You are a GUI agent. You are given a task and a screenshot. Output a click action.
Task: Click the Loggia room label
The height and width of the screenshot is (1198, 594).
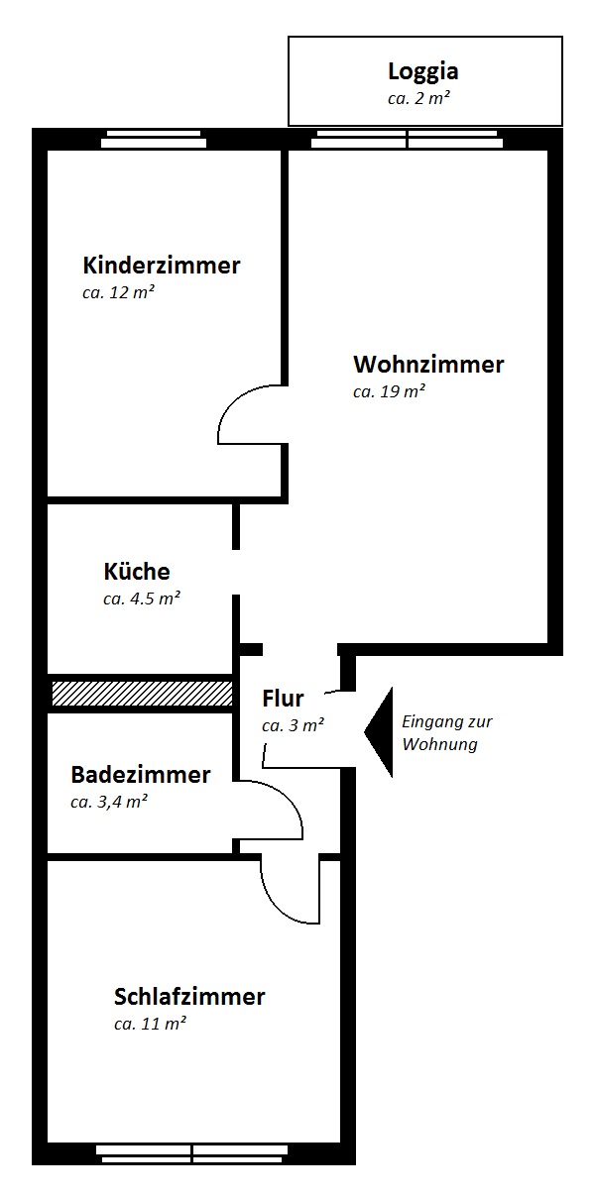click(x=422, y=71)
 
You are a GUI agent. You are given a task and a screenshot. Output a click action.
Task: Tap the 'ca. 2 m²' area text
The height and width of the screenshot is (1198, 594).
click(x=418, y=98)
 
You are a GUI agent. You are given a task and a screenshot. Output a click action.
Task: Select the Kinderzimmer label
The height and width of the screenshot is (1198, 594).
click(x=162, y=266)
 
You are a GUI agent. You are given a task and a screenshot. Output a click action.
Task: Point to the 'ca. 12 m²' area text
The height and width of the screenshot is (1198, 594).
click(x=119, y=292)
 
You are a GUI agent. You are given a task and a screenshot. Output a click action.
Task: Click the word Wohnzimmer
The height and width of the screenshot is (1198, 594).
click(x=428, y=365)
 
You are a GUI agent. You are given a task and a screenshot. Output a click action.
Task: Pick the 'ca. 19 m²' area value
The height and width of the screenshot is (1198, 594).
click(x=389, y=391)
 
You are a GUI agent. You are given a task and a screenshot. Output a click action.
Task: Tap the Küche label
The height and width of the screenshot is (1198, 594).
click(x=137, y=571)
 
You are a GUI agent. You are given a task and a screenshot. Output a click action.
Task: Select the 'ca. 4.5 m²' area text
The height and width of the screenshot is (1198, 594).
click(x=141, y=598)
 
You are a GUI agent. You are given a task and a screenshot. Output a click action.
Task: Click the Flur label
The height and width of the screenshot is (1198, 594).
click(x=283, y=699)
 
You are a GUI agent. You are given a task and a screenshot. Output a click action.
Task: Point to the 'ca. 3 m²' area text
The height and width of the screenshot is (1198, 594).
click(x=293, y=725)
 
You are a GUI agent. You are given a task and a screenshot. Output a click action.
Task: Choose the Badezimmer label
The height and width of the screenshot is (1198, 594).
click(x=141, y=775)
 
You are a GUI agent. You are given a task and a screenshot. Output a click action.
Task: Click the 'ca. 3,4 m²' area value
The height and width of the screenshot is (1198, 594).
click(x=109, y=802)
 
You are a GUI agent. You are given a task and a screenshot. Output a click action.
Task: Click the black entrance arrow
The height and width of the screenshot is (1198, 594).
click(x=379, y=731)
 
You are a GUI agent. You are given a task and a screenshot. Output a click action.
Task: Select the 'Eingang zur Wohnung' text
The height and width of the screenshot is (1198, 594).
click(x=447, y=732)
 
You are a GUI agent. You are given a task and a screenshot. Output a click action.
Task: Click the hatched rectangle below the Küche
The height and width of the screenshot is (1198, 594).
click(x=142, y=694)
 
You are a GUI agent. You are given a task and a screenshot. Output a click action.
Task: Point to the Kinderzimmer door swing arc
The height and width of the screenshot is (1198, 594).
click(x=234, y=401)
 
